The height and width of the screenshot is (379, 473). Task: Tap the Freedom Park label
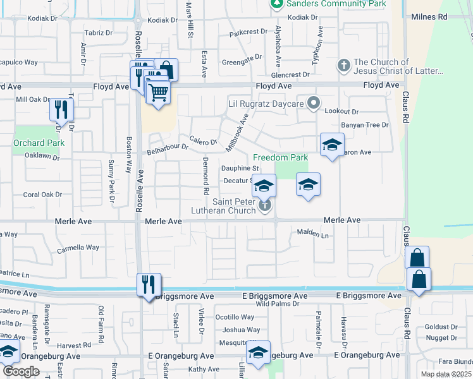click(280, 157)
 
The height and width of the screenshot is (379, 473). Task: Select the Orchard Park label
click(30, 143)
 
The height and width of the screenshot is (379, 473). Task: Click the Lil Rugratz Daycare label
click(266, 103)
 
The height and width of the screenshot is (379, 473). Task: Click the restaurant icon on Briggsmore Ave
click(149, 284)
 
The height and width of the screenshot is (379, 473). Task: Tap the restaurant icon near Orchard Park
click(62, 111)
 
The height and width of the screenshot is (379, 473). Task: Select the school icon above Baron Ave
click(332, 145)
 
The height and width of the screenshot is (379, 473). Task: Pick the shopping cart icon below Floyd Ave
click(158, 93)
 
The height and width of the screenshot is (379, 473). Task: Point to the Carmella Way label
click(78, 248)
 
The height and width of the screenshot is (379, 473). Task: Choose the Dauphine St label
click(240, 169)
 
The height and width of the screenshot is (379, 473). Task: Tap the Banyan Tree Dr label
click(365, 125)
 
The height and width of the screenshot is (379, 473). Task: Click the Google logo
click(21, 371)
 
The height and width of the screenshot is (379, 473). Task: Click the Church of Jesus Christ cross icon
click(343, 65)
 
